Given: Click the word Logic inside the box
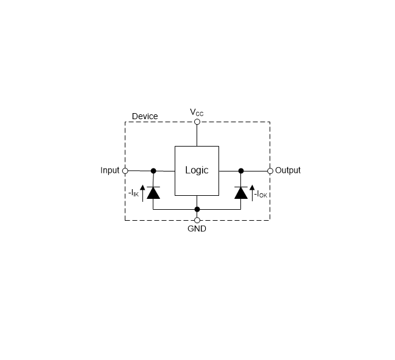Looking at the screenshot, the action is click(x=197, y=170).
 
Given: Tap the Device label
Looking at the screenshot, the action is click(x=145, y=116).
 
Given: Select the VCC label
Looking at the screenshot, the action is click(x=197, y=112).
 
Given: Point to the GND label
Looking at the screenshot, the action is click(x=197, y=229).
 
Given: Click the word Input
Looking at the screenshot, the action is click(x=110, y=170).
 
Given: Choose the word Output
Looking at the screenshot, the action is click(x=288, y=170).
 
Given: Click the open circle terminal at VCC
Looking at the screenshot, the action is click(x=197, y=122).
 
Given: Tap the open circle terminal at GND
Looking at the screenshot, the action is click(x=197, y=220).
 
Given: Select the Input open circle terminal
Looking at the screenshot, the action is click(x=125, y=171).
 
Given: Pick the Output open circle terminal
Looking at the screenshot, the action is click(x=270, y=171).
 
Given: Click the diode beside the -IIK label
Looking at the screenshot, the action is click(x=153, y=193).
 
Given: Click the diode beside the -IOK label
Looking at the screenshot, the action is click(x=241, y=193).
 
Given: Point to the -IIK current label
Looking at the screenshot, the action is click(x=133, y=193).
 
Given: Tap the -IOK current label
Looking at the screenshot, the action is click(x=260, y=194).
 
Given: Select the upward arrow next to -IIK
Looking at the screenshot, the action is click(x=142, y=193).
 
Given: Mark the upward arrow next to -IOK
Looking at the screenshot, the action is click(x=252, y=193).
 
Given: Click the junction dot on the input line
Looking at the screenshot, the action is click(x=153, y=171).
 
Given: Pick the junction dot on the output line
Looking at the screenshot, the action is click(x=241, y=171).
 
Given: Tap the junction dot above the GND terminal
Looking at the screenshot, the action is click(x=197, y=209).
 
